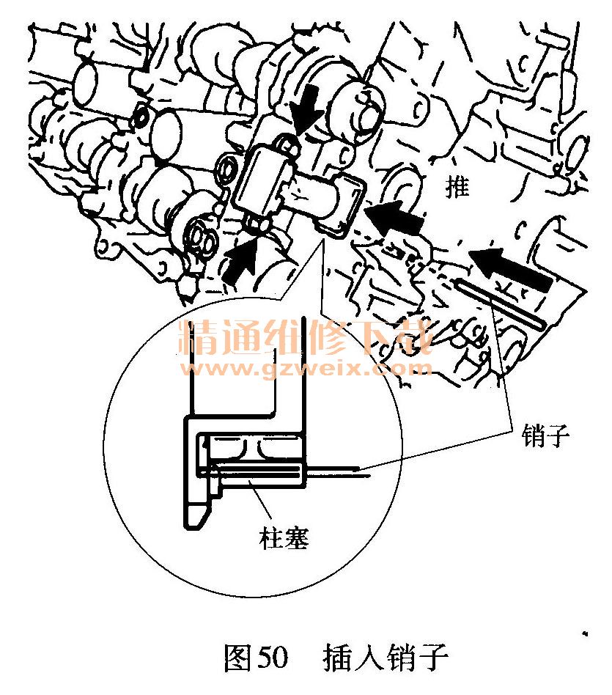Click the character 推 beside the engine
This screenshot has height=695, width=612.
459,189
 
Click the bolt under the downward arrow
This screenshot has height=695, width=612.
290,147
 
